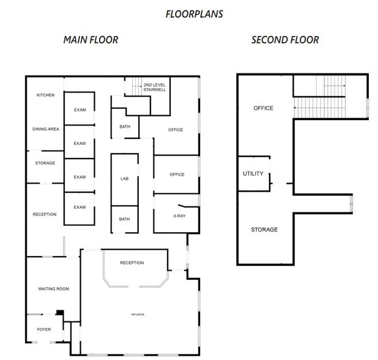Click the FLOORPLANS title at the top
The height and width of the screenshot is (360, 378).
click(194, 14)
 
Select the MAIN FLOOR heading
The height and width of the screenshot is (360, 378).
click(91, 40)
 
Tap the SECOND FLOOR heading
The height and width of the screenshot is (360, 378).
click(285, 40)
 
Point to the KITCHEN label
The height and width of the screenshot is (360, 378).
click(46, 95)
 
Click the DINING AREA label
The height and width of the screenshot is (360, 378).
click(45, 129)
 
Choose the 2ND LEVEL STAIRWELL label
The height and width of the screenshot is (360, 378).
click(155, 87)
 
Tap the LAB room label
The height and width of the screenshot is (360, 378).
click(124, 179)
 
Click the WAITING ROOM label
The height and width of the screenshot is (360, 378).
click(54, 288)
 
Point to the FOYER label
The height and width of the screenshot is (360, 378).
click(44, 329)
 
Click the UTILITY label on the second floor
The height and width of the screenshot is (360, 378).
click(253, 173)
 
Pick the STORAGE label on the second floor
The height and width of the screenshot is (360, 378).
click(264, 230)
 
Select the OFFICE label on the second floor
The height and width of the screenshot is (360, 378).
click(263, 108)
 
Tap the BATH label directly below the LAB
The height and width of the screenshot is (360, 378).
click(124, 219)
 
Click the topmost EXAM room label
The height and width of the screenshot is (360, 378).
click(80, 110)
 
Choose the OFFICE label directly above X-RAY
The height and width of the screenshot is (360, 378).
click(176, 174)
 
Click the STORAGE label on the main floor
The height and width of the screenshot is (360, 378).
click(45, 163)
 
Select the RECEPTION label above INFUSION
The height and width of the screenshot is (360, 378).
click(132, 263)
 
